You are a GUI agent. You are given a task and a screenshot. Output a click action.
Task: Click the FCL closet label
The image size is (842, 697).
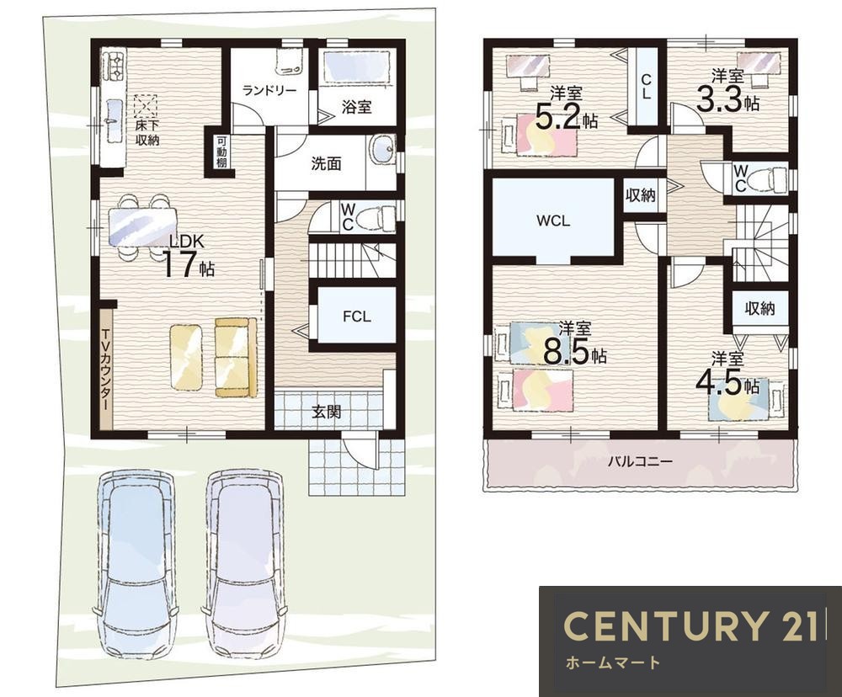click(x=356, y=317)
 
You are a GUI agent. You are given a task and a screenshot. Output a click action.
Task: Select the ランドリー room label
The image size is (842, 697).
click(x=269, y=90)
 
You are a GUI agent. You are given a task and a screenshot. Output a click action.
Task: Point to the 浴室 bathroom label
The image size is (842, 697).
click(x=356, y=106)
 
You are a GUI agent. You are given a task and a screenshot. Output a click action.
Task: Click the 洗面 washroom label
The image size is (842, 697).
click(x=326, y=164)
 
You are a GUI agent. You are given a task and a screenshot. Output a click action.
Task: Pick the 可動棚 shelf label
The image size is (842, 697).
click(x=221, y=152)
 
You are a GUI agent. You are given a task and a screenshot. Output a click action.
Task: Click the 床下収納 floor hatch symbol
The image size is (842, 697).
click(x=146, y=106)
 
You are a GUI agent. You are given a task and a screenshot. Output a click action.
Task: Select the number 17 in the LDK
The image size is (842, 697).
click(x=178, y=264)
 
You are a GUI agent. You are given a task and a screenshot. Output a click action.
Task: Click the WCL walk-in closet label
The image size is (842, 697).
click(x=553, y=221)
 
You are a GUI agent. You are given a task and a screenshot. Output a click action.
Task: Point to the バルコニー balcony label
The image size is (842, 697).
click(x=640, y=460)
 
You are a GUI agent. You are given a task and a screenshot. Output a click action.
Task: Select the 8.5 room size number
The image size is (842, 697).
click(x=567, y=352)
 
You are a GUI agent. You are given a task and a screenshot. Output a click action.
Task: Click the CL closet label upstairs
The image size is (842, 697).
click(x=646, y=87)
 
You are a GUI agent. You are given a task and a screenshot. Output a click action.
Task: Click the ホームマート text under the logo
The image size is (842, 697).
click(x=612, y=662)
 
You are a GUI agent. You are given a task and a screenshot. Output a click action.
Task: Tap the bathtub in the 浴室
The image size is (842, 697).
click(x=357, y=67)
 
